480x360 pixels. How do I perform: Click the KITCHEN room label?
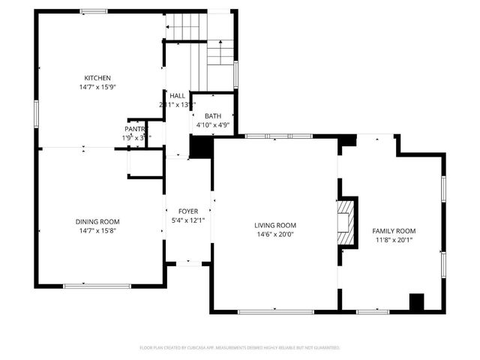coord(97,78)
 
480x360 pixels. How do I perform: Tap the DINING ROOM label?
coord(97,221)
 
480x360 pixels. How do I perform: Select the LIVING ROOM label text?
coord(275,225)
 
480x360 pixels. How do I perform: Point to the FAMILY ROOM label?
coord(394,230)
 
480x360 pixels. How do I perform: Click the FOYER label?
coord(187,211)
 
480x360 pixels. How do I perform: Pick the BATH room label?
coord(213,116)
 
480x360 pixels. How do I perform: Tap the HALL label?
coord(178,96)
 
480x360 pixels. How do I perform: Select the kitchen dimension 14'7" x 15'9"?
coord(97,87)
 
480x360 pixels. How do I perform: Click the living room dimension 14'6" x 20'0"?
coord(275,234)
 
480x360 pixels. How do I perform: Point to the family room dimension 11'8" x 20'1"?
coord(394,239)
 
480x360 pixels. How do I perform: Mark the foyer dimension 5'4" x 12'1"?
coord(187,220)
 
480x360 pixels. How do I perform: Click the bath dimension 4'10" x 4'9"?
coord(213,125)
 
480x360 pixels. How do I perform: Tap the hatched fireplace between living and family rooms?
coord(345,223)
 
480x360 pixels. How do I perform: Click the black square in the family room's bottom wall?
coord(416,301)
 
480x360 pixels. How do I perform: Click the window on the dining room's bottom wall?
coord(86,286)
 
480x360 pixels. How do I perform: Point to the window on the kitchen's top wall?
coord(94,10)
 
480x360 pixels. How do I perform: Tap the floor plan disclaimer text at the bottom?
coord(240,348)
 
